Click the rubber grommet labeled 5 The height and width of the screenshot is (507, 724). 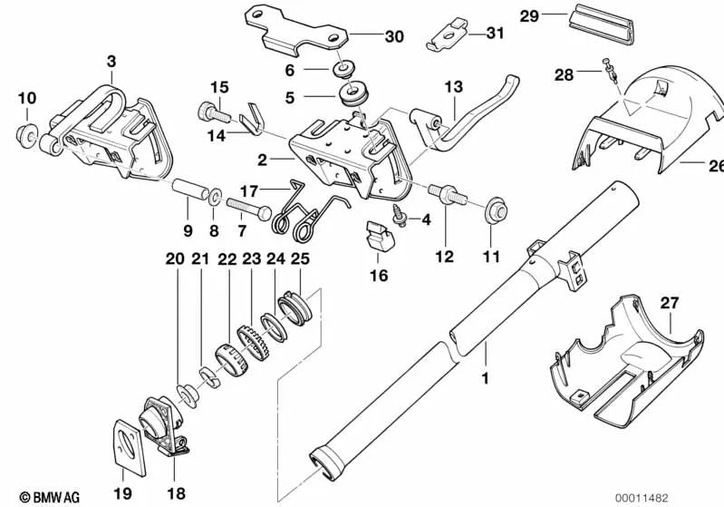(x=349, y=94)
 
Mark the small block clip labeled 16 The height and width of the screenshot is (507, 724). (x=378, y=237)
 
